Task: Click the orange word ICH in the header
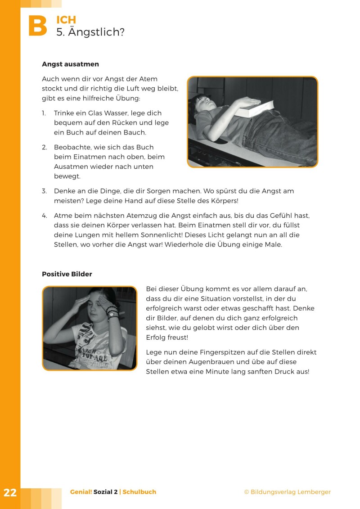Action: pos(66,20)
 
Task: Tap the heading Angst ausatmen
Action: pos(70,64)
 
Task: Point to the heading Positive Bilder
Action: pos(67,274)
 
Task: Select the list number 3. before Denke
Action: pos(45,191)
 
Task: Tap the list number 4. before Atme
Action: pos(45,216)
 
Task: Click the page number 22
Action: pos(10,492)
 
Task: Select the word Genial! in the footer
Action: pos(81,492)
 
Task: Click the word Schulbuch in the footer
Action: pos(139,492)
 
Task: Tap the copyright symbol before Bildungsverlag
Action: pos(246,492)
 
